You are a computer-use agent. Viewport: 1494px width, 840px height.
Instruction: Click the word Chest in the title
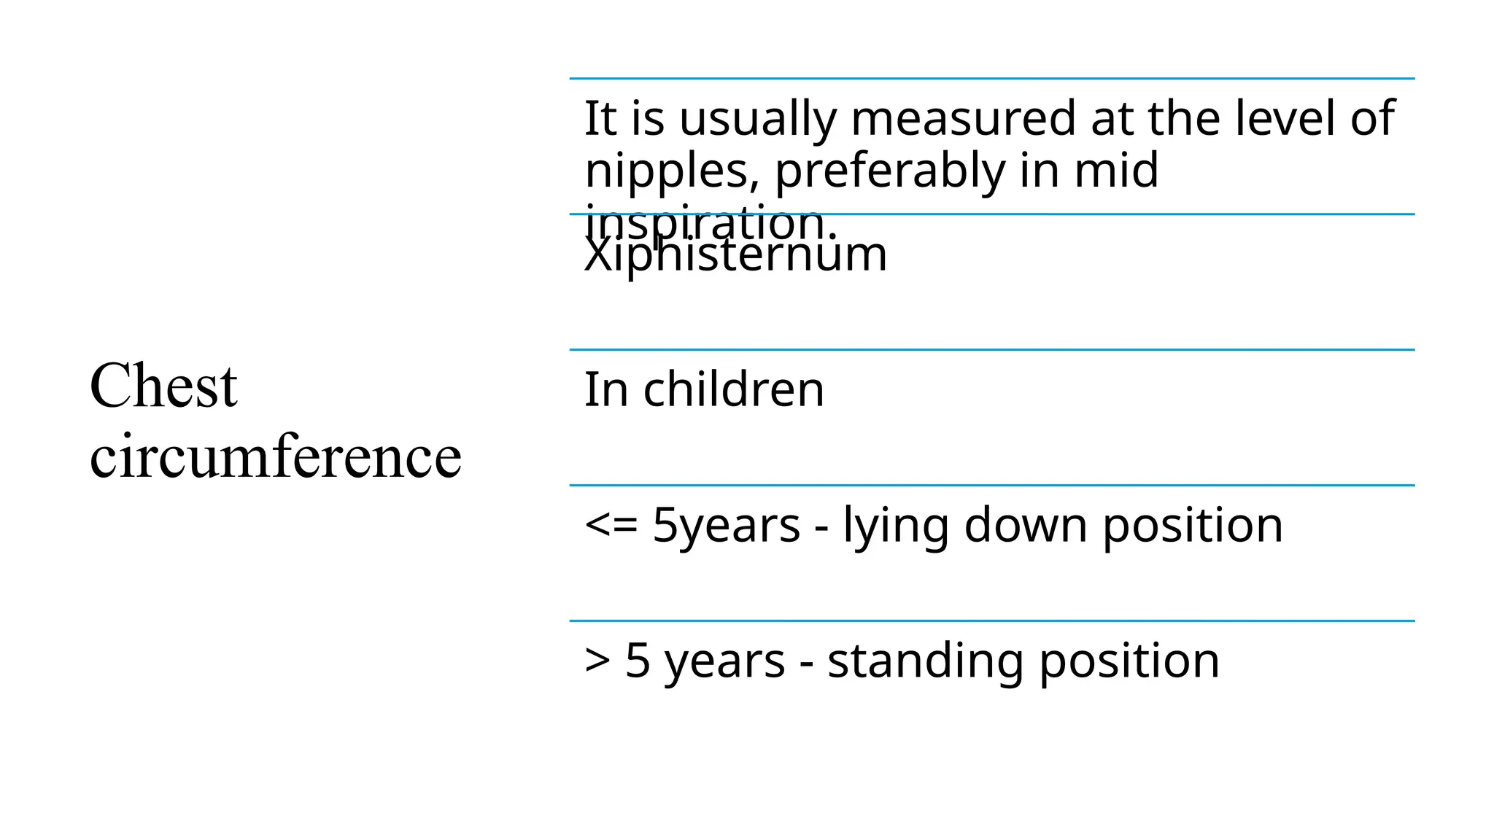pos(163,386)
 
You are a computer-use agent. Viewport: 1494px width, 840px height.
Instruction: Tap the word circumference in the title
pos(276,456)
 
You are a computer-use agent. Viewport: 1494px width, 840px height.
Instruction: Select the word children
pos(733,389)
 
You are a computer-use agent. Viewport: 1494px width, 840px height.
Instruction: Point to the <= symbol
pos(611,525)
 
